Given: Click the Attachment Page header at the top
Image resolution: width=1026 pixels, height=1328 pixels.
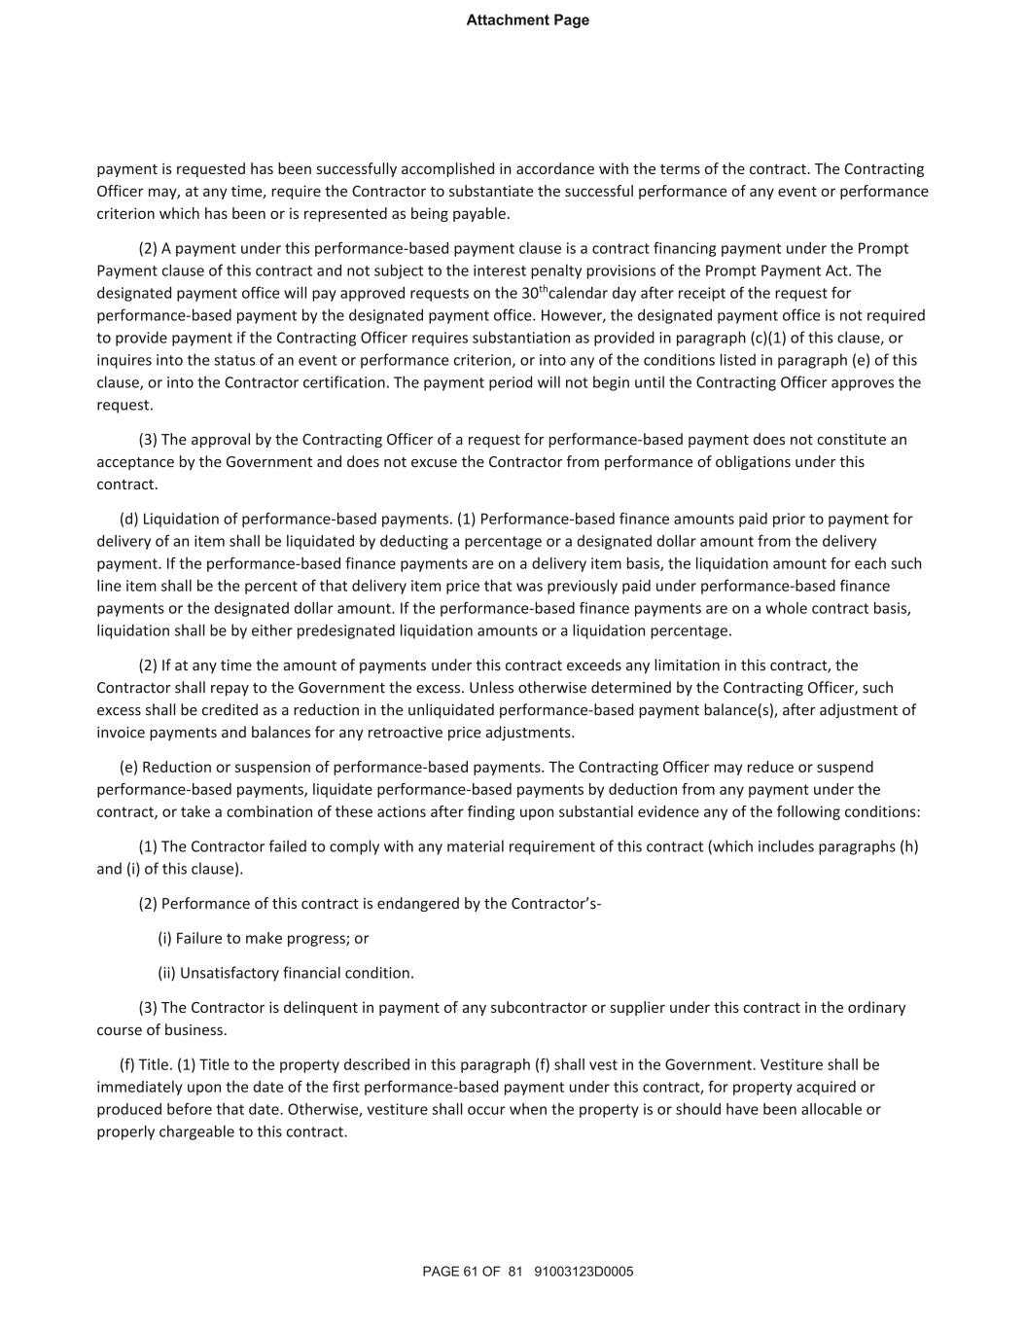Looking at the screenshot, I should [527, 20].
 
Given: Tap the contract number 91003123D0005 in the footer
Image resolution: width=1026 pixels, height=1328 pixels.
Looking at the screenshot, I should [584, 1271].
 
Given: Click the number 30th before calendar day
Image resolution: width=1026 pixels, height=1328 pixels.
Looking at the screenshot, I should [534, 292].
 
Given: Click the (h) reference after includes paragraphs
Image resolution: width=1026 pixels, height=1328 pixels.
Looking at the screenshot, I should [908, 846].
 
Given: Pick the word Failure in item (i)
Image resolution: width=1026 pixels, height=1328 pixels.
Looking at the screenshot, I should [199, 939].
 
